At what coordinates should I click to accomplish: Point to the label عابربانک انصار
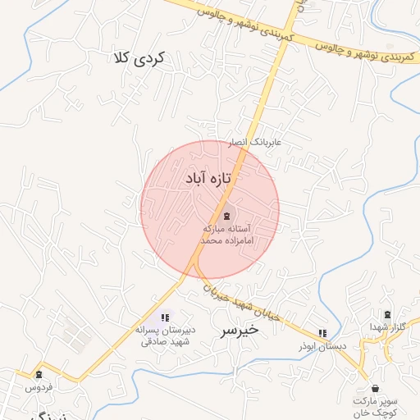(x=254, y=142)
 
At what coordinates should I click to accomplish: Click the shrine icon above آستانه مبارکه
(x=227, y=214)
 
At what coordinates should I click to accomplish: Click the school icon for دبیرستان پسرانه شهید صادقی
(x=165, y=317)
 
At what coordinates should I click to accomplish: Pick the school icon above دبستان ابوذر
(x=322, y=333)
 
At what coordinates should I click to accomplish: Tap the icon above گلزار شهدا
(x=387, y=315)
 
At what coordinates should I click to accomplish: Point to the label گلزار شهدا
(x=387, y=328)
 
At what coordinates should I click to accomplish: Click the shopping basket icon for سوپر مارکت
(x=376, y=388)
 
